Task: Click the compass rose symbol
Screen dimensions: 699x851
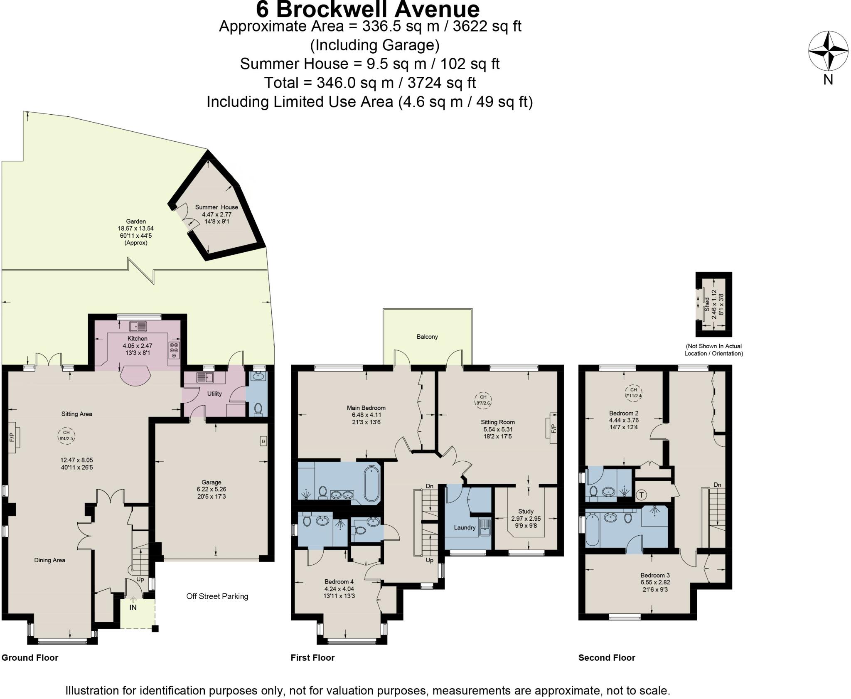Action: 828,51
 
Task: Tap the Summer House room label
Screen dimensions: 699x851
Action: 216,207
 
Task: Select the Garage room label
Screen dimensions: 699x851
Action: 211,482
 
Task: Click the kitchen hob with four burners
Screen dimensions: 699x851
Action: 175,350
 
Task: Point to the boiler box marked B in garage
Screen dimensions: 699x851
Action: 263,441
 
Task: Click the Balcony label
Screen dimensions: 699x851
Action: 427,337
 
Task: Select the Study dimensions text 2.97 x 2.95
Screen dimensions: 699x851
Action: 526,519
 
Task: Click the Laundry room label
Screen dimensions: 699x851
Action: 464,527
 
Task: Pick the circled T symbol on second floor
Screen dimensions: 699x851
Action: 642,495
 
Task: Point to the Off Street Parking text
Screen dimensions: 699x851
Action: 217,596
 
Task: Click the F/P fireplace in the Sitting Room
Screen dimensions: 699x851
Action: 553,428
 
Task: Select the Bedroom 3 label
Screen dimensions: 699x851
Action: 655,575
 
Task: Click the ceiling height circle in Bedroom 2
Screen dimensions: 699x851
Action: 633,392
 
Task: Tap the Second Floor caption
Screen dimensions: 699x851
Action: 607,657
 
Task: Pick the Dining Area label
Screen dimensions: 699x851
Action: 49,560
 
